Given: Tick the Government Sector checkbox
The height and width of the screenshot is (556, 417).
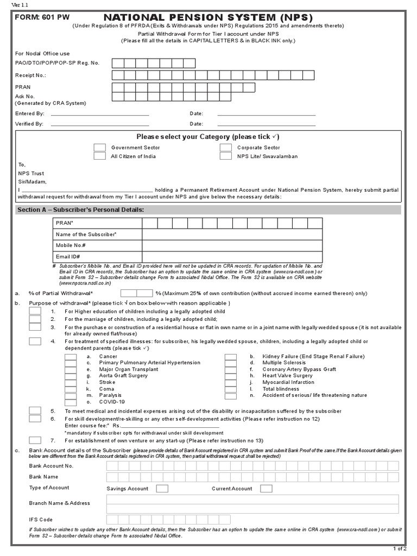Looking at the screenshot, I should coord(99,147).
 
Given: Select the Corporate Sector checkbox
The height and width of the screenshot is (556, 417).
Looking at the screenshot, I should coord(226,147).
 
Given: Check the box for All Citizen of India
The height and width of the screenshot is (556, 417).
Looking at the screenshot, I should coord(99,156).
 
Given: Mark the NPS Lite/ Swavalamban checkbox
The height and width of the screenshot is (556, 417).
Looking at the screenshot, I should coord(226,156).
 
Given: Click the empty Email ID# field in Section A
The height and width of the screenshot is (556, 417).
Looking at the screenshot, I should coord(232,256).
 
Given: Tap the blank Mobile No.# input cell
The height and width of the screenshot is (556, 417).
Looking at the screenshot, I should coord(232,245).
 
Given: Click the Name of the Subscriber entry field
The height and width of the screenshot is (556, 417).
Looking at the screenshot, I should coord(232,234).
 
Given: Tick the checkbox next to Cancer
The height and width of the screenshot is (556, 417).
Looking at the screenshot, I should coord(71,356).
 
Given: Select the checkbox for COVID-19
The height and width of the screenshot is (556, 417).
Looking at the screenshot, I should coord(71,402).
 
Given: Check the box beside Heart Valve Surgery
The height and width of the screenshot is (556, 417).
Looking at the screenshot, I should coord(230,376).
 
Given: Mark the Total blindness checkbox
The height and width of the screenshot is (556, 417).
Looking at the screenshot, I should coord(230,389).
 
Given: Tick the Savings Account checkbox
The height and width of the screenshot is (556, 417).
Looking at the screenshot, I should coord(162,489).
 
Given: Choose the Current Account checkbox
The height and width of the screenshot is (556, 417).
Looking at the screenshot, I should coord(266,489).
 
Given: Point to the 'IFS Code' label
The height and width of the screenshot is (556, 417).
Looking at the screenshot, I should coord(41,520).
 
